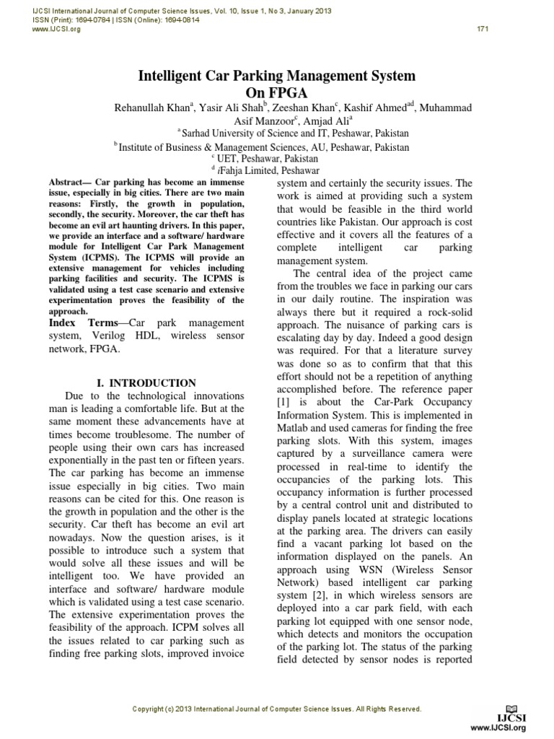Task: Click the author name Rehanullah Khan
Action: coord(151,108)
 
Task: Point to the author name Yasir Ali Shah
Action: coord(226,108)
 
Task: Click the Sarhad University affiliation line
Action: coord(295,134)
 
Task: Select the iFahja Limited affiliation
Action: coord(281,172)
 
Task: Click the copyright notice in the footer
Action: coord(277,709)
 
